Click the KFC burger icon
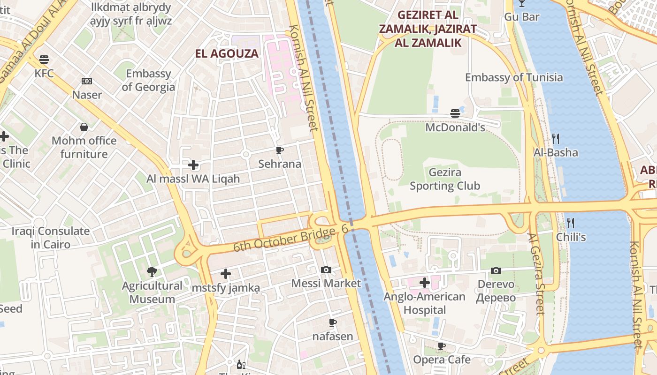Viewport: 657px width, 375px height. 44,60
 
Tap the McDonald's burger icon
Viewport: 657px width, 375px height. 455,113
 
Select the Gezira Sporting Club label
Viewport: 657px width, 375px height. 444,179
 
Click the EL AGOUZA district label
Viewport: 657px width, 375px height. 227,53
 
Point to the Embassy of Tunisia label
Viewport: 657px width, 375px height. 513,77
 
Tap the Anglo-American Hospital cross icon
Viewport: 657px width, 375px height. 425,283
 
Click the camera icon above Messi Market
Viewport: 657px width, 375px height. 326,270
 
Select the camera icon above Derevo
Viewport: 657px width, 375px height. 496,270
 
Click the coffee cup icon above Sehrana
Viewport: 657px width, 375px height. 280,150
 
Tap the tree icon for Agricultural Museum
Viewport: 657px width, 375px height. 152,271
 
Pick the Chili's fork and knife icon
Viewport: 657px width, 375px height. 571,223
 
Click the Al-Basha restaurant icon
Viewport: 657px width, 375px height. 556,138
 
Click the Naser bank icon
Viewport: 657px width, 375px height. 87,81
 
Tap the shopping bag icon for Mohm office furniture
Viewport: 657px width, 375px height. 84,127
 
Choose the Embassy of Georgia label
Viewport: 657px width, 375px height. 148,80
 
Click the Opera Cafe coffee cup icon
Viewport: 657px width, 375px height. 442,346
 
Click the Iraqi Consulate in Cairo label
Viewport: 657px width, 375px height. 51,238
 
